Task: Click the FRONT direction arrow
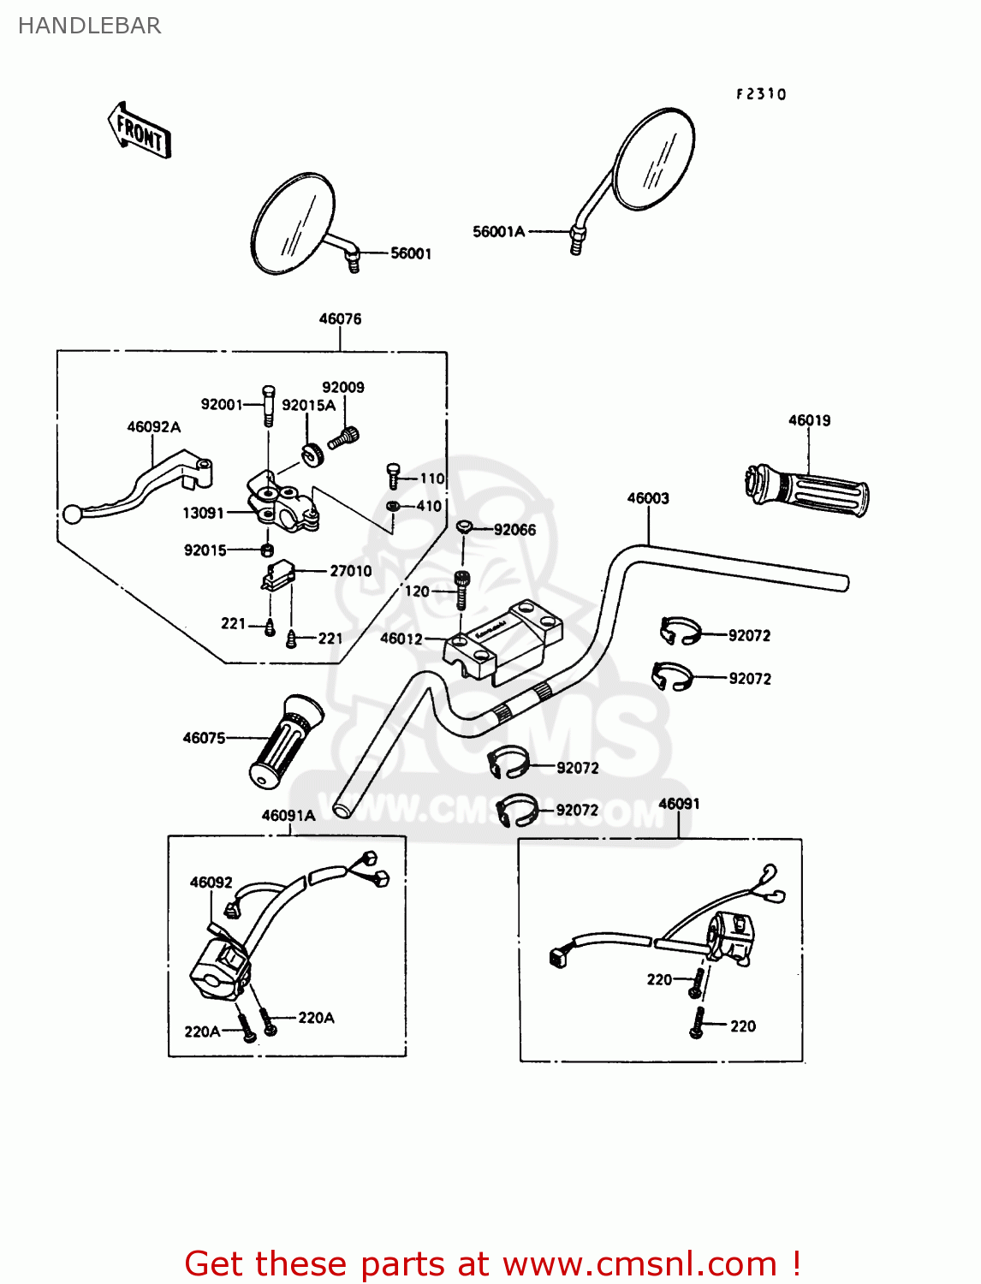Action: point(140,131)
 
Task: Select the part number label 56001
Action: point(411,253)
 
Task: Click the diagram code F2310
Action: point(760,94)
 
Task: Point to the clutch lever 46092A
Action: point(137,493)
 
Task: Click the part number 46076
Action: point(340,319)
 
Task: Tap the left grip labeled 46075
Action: point(286,741)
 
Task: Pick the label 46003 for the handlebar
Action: point(648,498)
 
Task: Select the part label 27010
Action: point(351,571)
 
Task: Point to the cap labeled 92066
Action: point(463,526)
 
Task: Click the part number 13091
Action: point(203,513)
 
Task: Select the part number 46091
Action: point(679,804)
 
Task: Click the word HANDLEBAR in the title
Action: point(89,26)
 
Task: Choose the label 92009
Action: point(343,388)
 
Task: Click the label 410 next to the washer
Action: point(429,506)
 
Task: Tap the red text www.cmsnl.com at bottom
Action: point(639,1263)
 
